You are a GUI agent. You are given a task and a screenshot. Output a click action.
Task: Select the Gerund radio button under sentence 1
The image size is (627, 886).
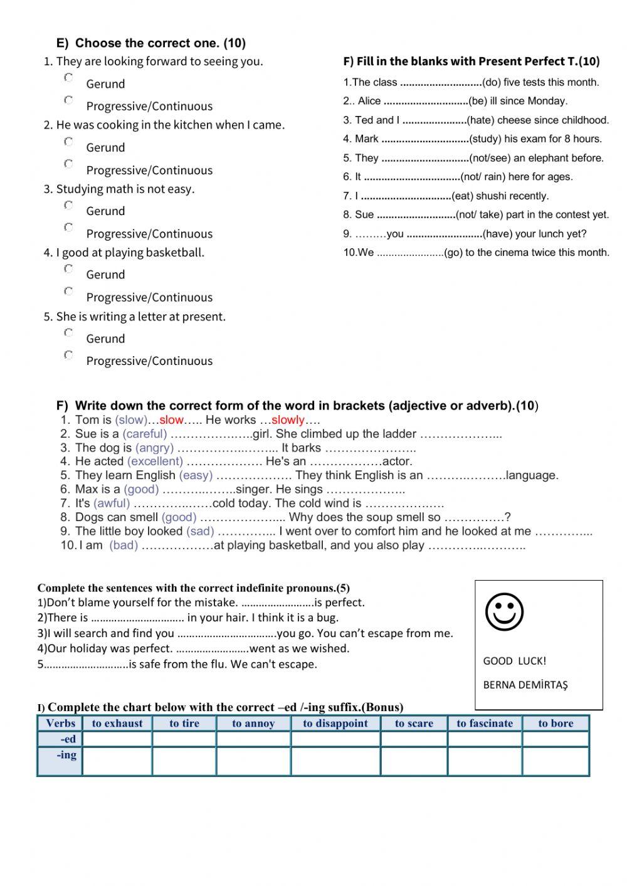(69, 78)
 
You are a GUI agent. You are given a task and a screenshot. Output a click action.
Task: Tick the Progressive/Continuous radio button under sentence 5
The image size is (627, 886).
(69, 355)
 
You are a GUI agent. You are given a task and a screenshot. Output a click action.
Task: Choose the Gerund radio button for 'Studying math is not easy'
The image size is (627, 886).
(69, 205)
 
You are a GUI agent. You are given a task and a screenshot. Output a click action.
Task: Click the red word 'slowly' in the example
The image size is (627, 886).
(288, 420)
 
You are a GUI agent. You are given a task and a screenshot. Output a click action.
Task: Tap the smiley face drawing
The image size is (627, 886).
(505, 611)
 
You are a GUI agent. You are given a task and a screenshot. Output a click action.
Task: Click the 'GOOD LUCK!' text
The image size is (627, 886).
(514, 661)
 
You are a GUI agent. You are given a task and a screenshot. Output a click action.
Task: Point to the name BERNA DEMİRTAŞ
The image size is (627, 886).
(525, 685)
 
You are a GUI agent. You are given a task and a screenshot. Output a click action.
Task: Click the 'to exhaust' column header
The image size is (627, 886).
(117, 724)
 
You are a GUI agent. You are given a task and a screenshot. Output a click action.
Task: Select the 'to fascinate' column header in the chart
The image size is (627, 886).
(484, 724)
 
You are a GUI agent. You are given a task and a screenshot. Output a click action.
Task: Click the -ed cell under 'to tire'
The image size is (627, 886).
(184, 739)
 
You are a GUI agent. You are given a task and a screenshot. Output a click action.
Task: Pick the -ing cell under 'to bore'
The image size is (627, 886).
(556, 761)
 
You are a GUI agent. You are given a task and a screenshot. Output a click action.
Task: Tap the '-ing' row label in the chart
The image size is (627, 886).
(66, 755)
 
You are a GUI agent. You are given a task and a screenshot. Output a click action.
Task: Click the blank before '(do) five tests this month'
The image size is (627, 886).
(441, 82)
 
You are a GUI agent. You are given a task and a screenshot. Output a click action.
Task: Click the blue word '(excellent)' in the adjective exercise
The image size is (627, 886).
(155, 461)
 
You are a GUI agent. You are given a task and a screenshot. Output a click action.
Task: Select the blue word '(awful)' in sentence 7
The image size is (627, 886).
(112, 503)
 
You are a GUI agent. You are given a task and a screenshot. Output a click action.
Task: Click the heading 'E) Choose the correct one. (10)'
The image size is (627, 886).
(151, 43)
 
